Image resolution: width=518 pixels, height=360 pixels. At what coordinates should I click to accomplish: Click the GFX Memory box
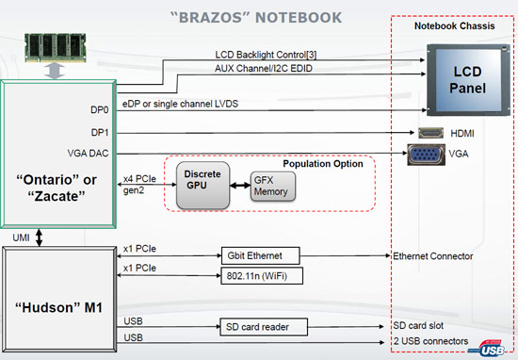coord(272,187)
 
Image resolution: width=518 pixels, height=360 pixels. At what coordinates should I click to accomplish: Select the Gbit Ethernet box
coord(259,255)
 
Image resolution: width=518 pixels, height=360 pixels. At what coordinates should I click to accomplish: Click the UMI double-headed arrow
coord(40,239)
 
